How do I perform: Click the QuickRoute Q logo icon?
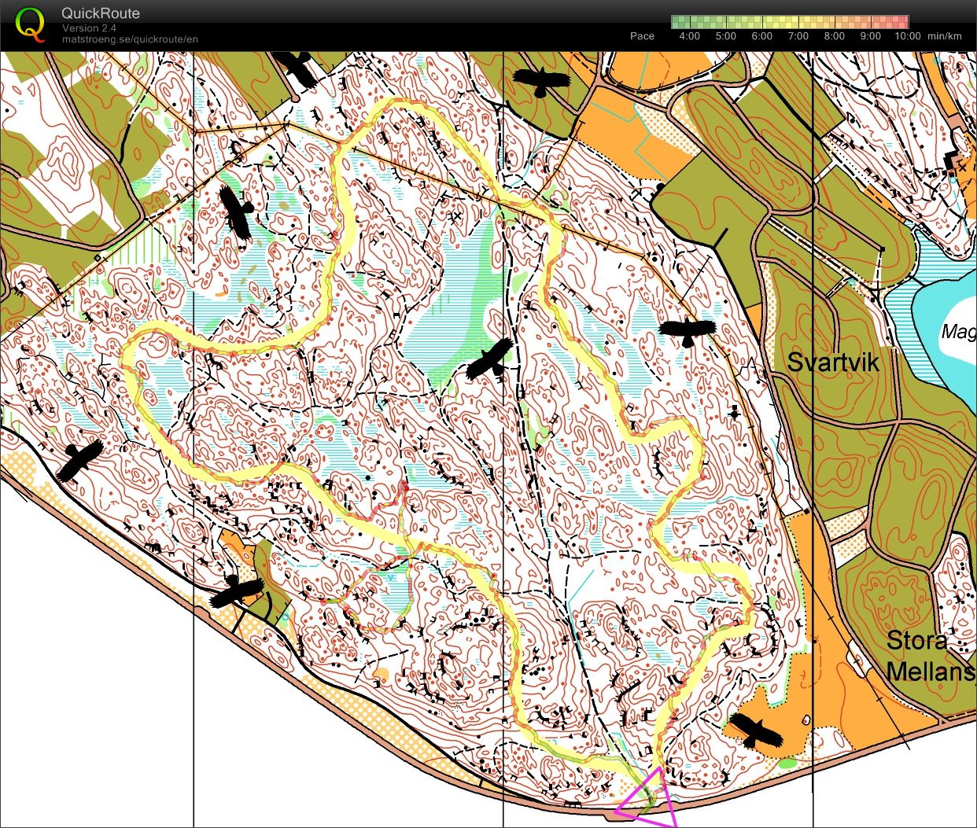[x=29, y=24]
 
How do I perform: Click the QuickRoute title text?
[x=101, y=13]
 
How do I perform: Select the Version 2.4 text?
[x=89, y=28]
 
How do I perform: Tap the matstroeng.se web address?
[x=130, y=39]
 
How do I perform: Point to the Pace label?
[x=642, y=36]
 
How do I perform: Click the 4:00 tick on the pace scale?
[x=689, y=36]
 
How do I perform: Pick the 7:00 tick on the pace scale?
[x=798, y=36]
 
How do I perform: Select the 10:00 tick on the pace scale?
[x=909, y=36]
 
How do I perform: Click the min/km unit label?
[x=945, y=36]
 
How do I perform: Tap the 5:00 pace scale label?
[x=725, y=36]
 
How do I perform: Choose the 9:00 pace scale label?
[x=870, y=36]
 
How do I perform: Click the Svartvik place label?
[x=833, y=362]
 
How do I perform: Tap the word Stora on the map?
[x=916, y=641]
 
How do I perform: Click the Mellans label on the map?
[x=931, y=672]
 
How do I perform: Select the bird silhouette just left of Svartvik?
[x=687, y=331]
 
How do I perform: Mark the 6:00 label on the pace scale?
[x=761, y=36]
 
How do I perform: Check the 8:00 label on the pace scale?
[x=834, y=36]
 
